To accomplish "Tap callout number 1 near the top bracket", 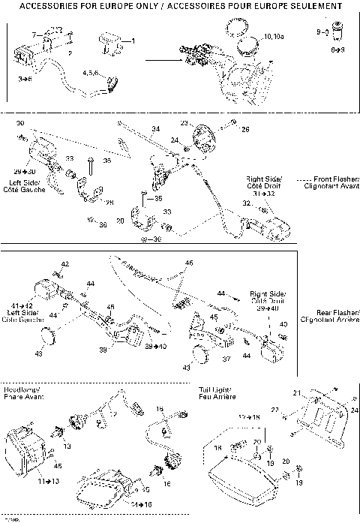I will (133, 40).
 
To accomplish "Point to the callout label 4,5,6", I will (91, 73).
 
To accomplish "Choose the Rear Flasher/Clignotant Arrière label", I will (329, 316).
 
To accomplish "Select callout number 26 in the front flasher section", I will (244, 129).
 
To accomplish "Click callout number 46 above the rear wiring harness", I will (189, 263).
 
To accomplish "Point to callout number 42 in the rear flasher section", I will (65, 264).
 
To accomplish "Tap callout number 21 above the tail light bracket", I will (295, 393).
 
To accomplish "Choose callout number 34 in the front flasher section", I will (156, 128).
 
